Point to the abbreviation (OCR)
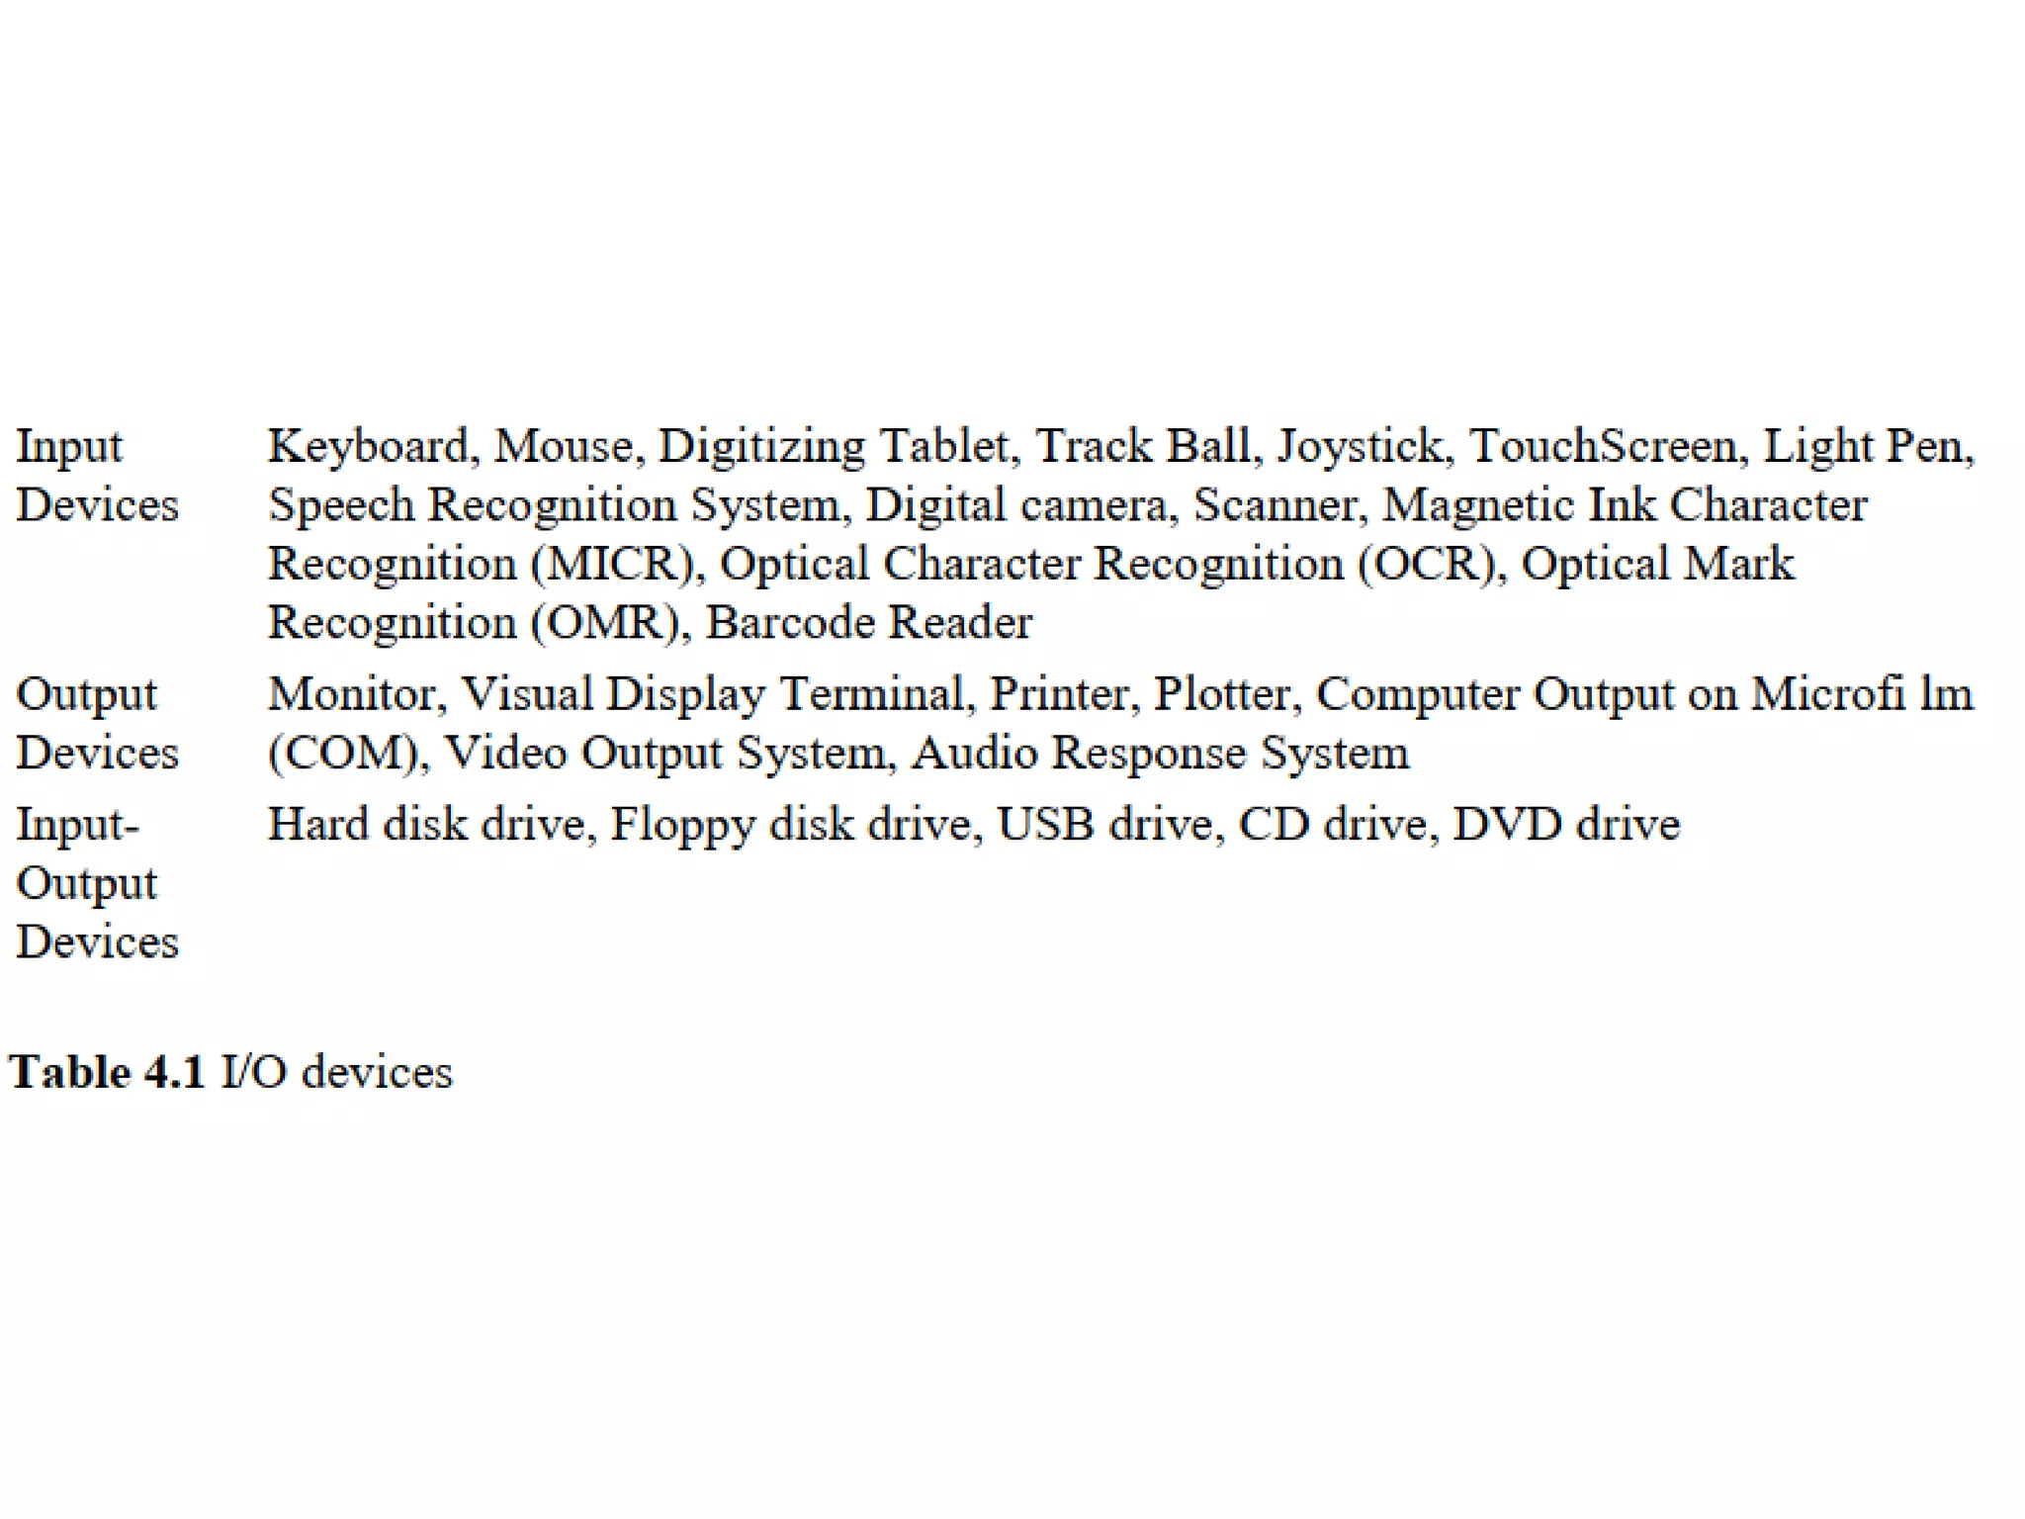point(1427,564)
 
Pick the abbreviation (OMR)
point(606,623)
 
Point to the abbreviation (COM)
point(345,754)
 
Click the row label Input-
point(77,825)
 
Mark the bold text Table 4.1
point(107,1073)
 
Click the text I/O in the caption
point(254,1073)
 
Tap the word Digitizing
point(761,447)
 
